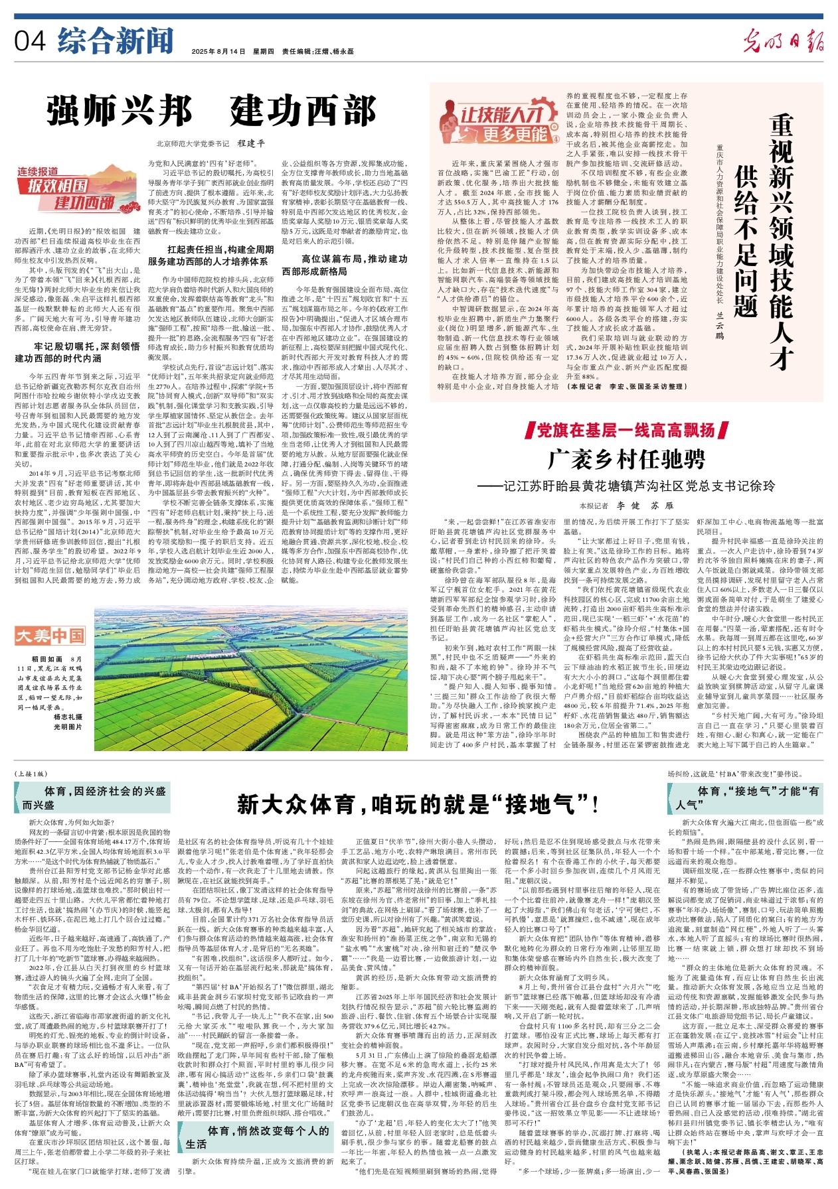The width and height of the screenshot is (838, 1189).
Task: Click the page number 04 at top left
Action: pyautogui.click(x=30, y=41)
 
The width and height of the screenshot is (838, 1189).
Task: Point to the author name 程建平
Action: pyautogui.click(x=251, y=143)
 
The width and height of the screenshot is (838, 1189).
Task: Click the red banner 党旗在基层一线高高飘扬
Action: pyautogui.click(x=627, y=430)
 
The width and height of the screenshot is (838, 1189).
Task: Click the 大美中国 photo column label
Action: pyautogui.click(x=50, y=636)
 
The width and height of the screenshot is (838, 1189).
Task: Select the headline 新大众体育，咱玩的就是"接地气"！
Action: pyautogui.click(x=418, y=804)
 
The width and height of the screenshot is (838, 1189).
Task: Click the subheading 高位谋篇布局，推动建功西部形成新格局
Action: pyautogui.click(x=345, y=265)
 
